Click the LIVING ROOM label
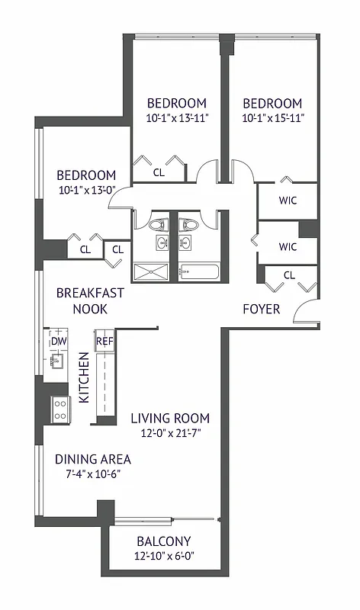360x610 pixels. pyautogui.click(x=170, y=419)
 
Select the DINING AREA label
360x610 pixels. pyautogui.click(x=93, y=459)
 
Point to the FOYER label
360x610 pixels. pyautogui.click(x=261, y=310)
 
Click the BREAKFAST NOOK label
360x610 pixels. pyautogui.click(x=90, y=300)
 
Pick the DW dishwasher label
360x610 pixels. pyautogui.click(x=59, y=341)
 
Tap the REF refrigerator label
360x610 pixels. pyautogui.click(x=104, y=341)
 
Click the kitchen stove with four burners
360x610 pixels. pyautogui.click(x=60, y=409)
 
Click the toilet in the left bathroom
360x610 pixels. pyautogui.click(x=159, y=226)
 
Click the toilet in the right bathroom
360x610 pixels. pyautogui.click(x=187, y=226)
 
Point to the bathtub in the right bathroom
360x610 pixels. pyautogui.click(x=199, y=271)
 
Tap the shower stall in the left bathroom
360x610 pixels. pyautogui.click(x=153, y=271)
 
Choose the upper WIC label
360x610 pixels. pyautogui.click(x=288, y=201)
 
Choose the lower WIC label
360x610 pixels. pyautogui.click(x=288, y=246)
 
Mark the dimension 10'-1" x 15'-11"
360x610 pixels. pyautogui.click(x=272, y=118)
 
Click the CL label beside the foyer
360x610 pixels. pyautogui.click(x=290, y=275)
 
